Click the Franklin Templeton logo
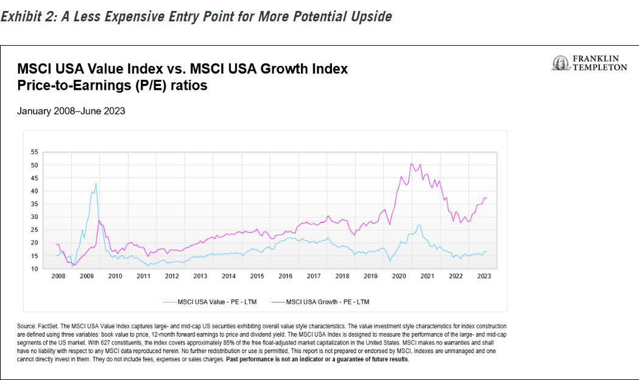588,63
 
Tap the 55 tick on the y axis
34,152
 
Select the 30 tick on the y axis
34,217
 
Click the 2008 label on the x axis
58,276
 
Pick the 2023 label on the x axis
484,276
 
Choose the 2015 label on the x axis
257,276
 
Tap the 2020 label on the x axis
399,276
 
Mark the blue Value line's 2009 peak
96,183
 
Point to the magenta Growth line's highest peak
411,163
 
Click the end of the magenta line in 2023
487,198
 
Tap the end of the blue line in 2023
487,251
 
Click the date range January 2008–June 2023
71,111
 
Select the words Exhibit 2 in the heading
27,16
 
